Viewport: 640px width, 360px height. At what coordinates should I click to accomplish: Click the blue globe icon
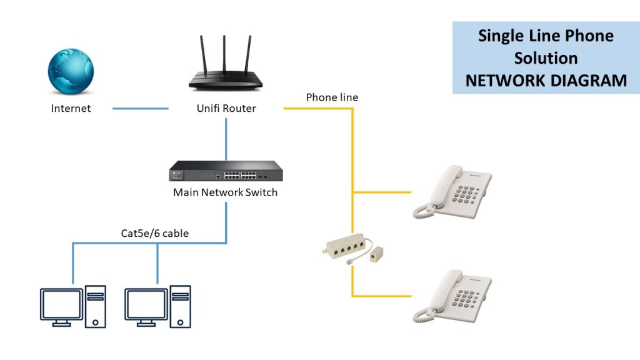point(71,72)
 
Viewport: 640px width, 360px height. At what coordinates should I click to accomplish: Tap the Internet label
point(71,109)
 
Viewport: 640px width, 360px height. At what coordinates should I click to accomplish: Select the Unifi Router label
point(226,109)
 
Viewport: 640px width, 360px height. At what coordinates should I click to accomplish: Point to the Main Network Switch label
point(225,192)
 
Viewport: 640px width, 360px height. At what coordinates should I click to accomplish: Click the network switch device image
point(226,171)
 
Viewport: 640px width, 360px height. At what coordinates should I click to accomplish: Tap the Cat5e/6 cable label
point(154,233)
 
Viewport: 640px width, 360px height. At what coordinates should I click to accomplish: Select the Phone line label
point(332,97)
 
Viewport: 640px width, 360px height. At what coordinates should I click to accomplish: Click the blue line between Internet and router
point(141,109)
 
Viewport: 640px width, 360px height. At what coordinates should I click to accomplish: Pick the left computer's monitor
point(61,303)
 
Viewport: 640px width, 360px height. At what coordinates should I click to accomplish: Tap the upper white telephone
point(452,191)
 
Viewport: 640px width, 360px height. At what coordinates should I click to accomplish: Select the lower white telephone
point(452,295)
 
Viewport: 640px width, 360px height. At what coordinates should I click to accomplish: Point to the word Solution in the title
point(546,58)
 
